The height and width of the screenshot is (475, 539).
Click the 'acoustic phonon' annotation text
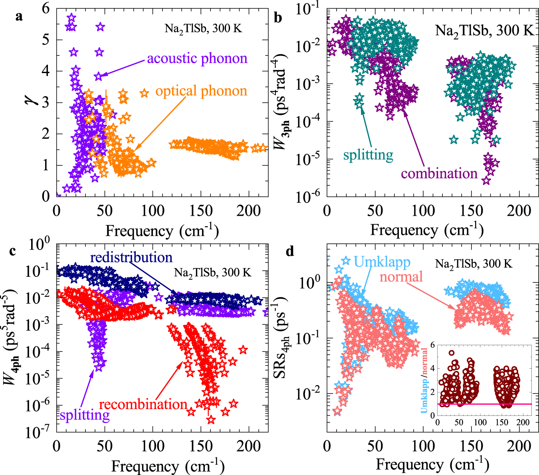(x=197, y=58)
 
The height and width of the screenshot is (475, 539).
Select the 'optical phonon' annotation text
(x=201, y=91)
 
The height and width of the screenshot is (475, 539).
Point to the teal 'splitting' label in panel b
(x=368, y=155)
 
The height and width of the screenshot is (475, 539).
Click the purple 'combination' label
(x=439, y=173)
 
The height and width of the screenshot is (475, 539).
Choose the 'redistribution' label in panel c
(x=131, y=257)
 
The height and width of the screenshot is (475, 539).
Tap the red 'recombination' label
(x=143, y=404)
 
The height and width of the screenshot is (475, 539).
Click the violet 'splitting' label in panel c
(x=85, y=415)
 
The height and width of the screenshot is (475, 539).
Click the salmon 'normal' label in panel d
(x=401, y=276)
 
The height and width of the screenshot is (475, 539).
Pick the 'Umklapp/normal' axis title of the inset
(x=424, y=381)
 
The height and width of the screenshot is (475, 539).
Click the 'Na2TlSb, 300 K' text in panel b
(x=484, y=30)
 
